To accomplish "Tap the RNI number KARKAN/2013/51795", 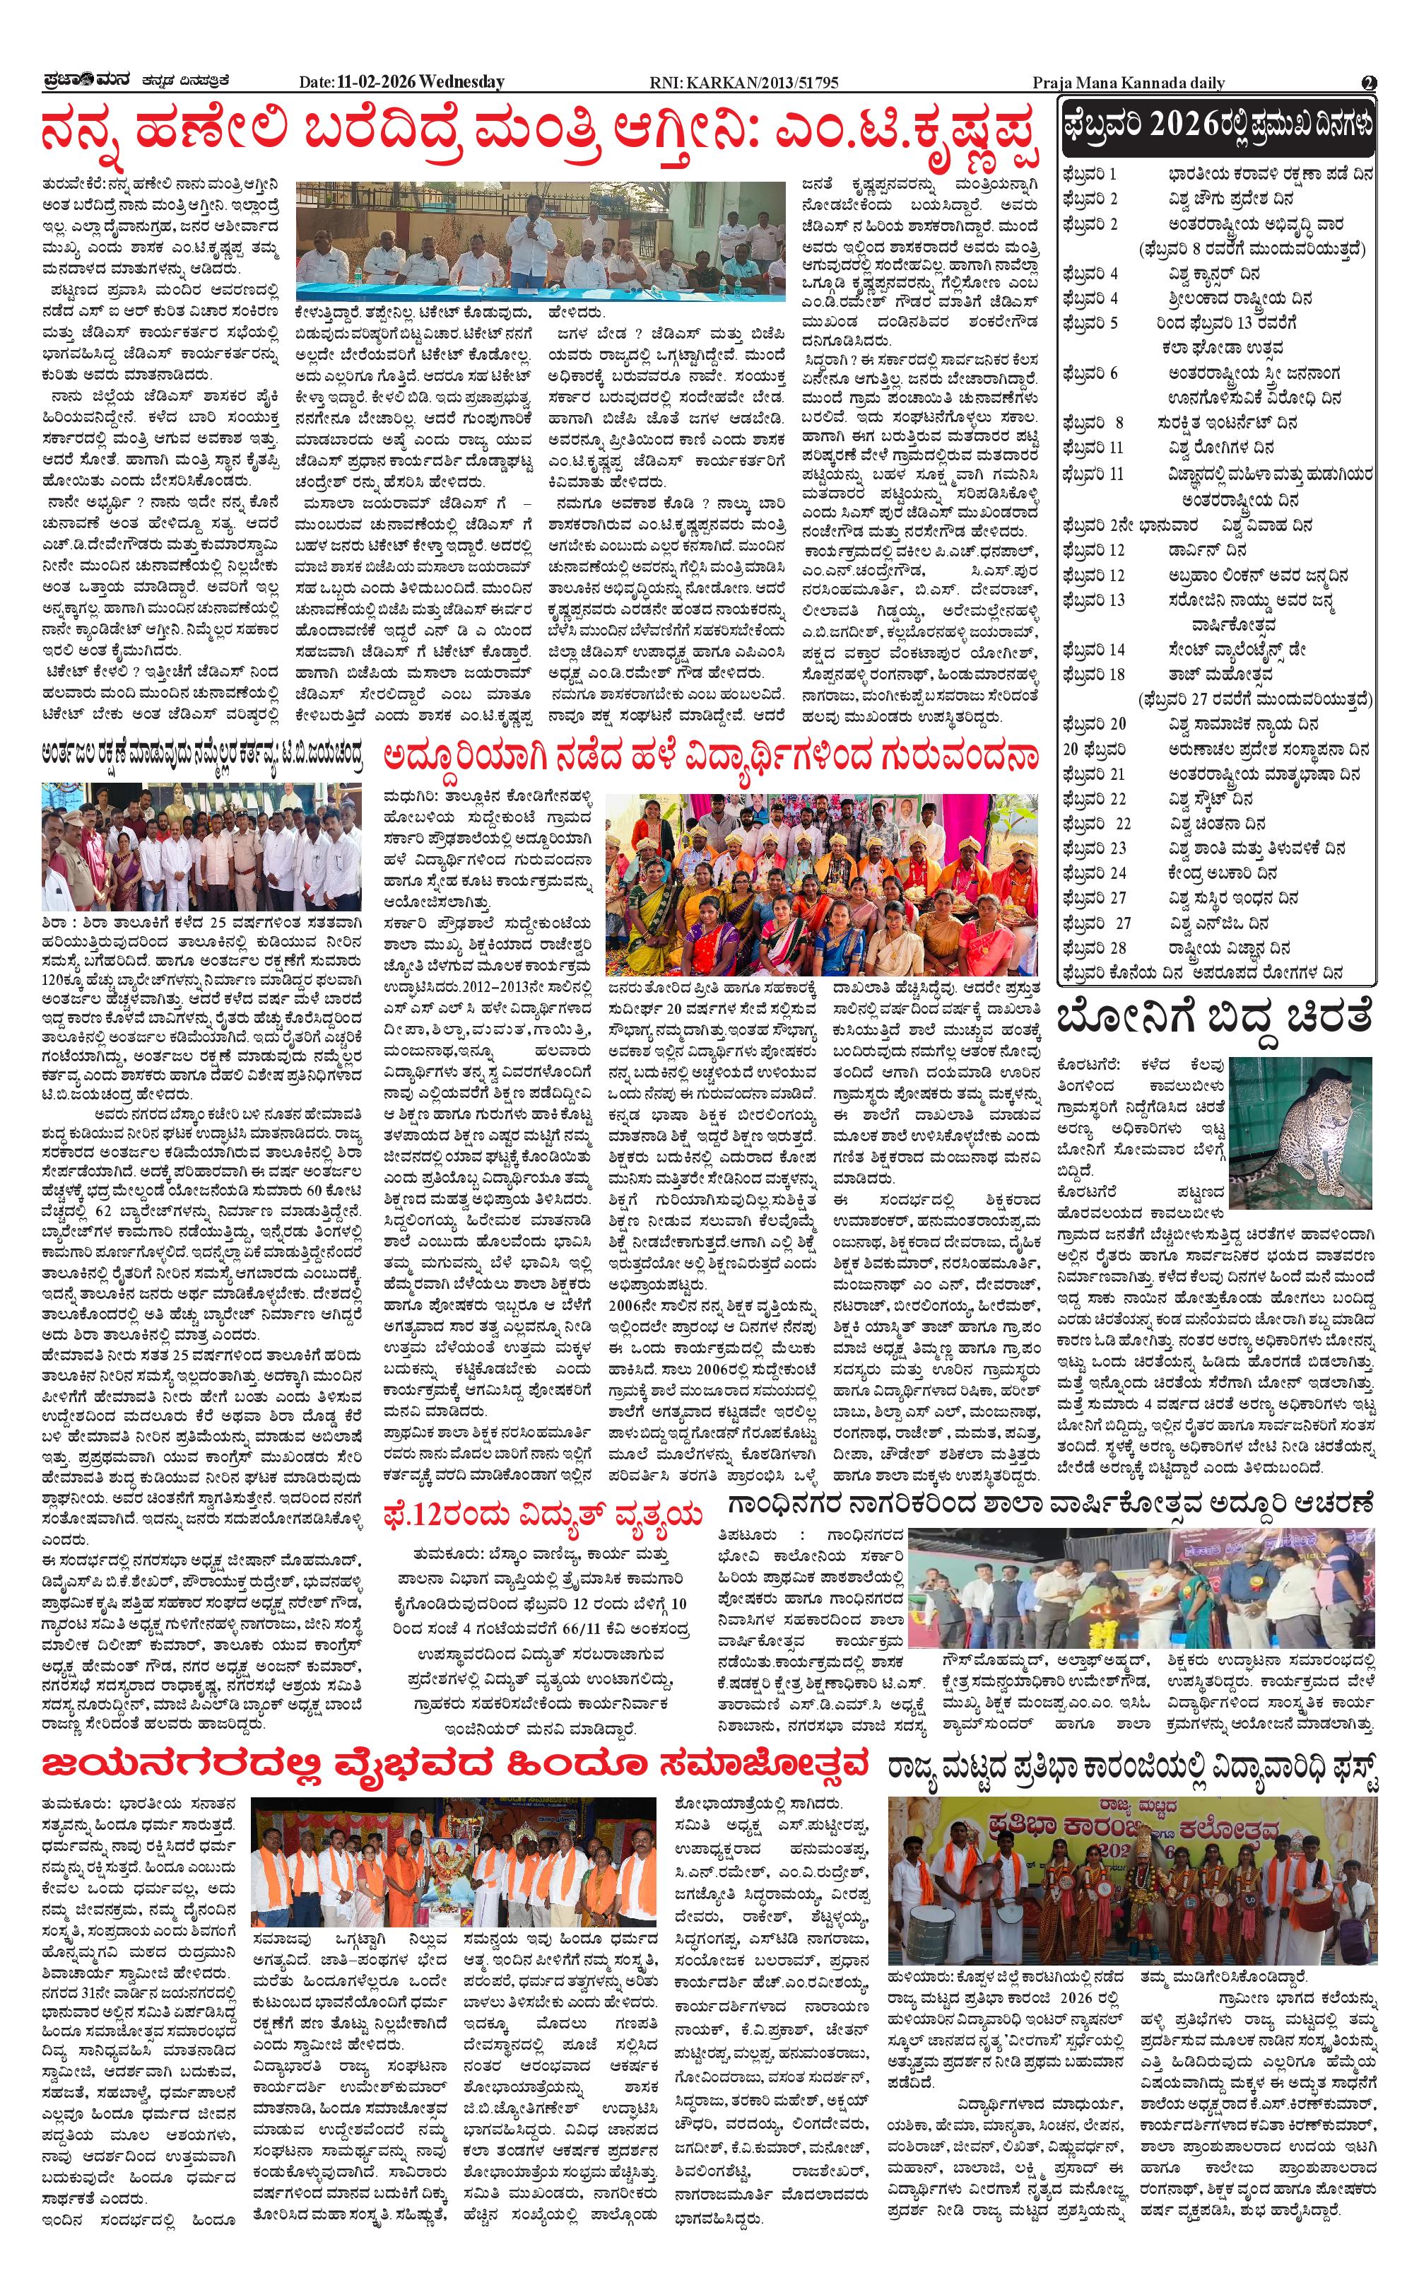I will point(743,83).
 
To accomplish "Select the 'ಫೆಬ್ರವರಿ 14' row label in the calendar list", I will point(1093,650).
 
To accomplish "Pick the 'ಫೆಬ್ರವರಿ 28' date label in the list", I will point(1094,948).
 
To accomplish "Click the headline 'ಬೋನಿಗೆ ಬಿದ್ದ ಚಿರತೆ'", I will point(1215,1019).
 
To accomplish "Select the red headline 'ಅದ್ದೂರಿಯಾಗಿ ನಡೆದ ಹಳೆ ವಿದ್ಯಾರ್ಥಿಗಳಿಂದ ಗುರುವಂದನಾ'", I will point(710,757).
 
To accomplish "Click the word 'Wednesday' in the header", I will point(463,83).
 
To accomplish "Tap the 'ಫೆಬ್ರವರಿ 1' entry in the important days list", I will point(1090,175).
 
